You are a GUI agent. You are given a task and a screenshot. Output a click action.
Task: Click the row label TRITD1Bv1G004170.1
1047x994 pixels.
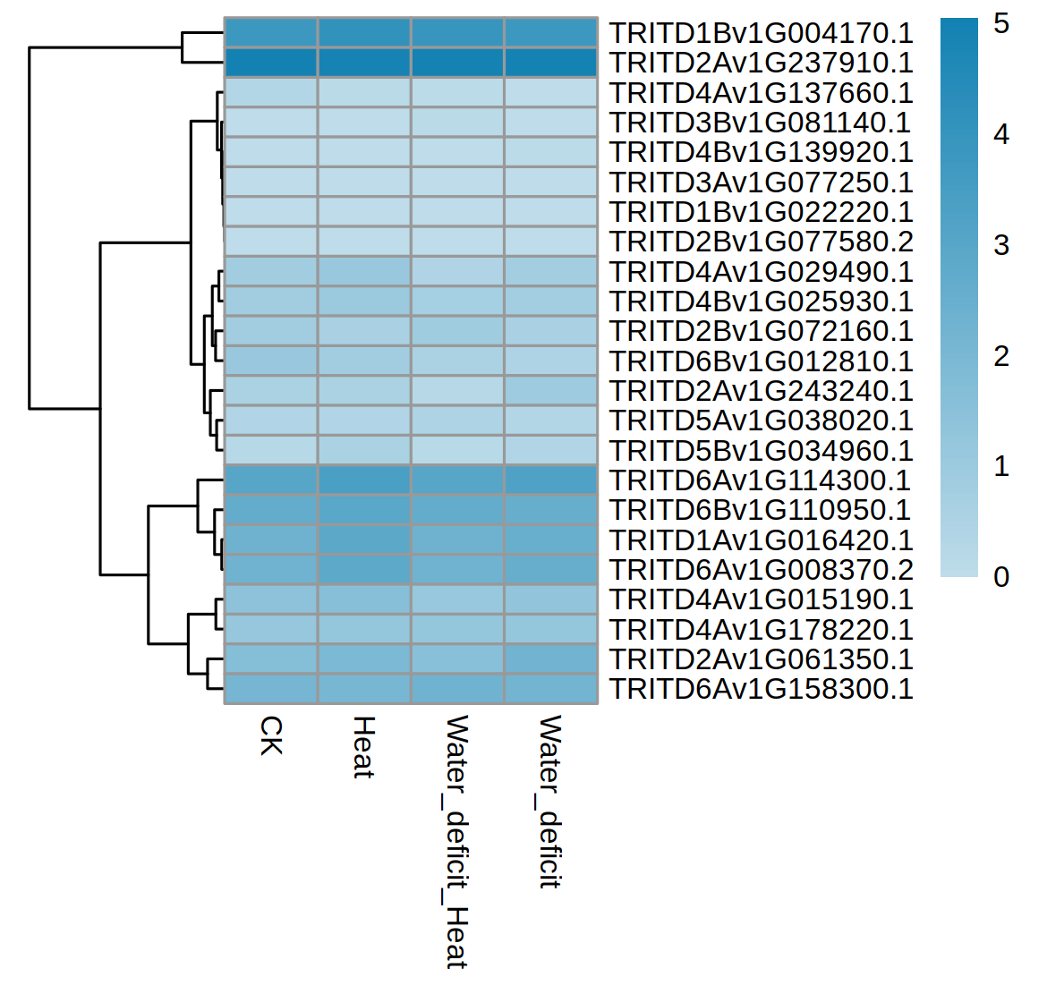761,33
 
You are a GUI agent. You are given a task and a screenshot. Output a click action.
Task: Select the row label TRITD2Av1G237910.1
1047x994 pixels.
761,63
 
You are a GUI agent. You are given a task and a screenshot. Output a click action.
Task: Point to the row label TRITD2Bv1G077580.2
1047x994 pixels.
761,242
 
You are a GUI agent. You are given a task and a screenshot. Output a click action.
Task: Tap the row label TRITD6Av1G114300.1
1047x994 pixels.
761,480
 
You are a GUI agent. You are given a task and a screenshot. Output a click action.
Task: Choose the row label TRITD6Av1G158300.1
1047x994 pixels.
761,689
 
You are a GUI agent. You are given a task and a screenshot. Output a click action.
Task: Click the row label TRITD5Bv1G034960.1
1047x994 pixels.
761,451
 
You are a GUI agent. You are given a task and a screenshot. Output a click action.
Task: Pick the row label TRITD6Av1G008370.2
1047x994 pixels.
761,570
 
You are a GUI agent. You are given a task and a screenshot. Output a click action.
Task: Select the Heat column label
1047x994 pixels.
363,747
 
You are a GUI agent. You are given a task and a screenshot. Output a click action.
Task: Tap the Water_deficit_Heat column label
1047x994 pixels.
456,841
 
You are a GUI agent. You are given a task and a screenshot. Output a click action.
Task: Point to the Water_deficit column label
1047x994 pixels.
549,801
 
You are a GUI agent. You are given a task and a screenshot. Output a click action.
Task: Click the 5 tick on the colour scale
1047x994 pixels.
1001,23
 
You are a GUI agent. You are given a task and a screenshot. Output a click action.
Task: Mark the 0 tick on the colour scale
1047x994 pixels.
1001,577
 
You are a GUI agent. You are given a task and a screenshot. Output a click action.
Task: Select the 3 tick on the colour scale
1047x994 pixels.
1001,245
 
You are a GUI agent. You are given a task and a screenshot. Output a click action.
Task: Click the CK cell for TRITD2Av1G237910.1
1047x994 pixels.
270,63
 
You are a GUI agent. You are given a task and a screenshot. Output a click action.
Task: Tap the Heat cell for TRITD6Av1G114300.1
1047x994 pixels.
364,480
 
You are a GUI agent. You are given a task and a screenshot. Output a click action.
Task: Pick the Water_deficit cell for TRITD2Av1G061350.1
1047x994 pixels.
551,659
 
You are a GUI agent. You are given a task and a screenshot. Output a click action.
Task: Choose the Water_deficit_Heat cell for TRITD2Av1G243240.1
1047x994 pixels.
457,391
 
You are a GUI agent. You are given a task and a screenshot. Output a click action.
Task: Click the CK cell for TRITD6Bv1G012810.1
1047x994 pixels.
270,361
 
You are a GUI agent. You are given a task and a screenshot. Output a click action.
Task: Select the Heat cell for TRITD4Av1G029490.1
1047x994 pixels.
364,272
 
